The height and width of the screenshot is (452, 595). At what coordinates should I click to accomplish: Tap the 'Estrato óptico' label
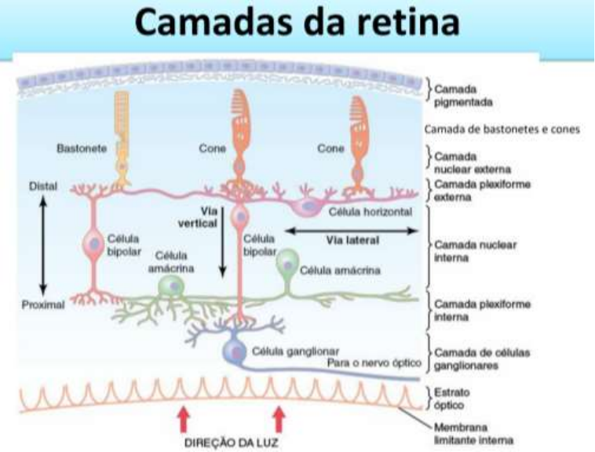[451, 399]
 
